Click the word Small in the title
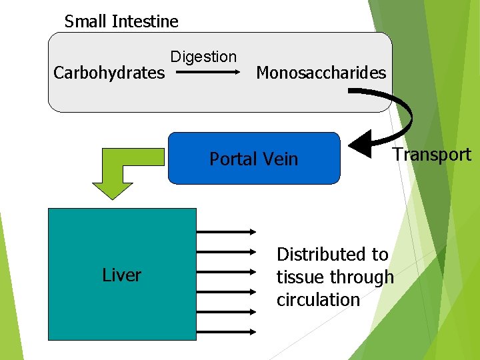click(x=86, y=21)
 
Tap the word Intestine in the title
click(x=145, y=21)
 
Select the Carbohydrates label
click(x=109, y=73)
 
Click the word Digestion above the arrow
click(x=203, y=57)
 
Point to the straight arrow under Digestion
click(x=207, y=74)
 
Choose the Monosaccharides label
click(x=321, y=73)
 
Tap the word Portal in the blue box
click(x=234, y=159)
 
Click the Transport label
click(x=431, y=155)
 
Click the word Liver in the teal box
click(x=121, y=275)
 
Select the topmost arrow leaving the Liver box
click(x=227, y=231)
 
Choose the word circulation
click(x=318, y=300)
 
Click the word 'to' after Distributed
click(x=380, y=255)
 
